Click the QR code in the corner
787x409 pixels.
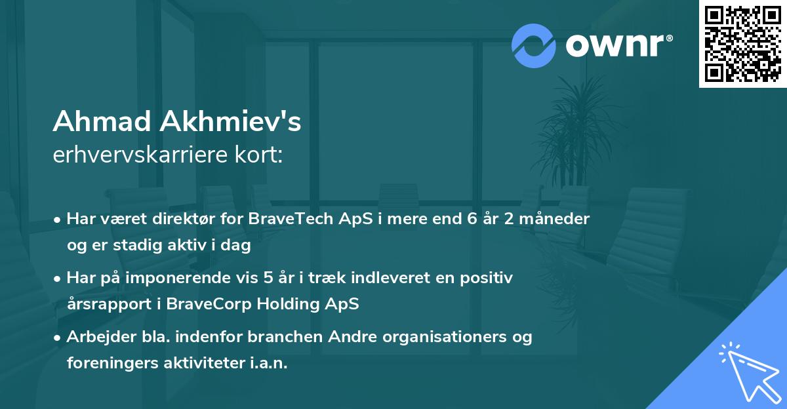[742, 43]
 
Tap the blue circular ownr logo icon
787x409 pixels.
[534, 45]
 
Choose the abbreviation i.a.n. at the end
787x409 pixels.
[268, 363]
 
